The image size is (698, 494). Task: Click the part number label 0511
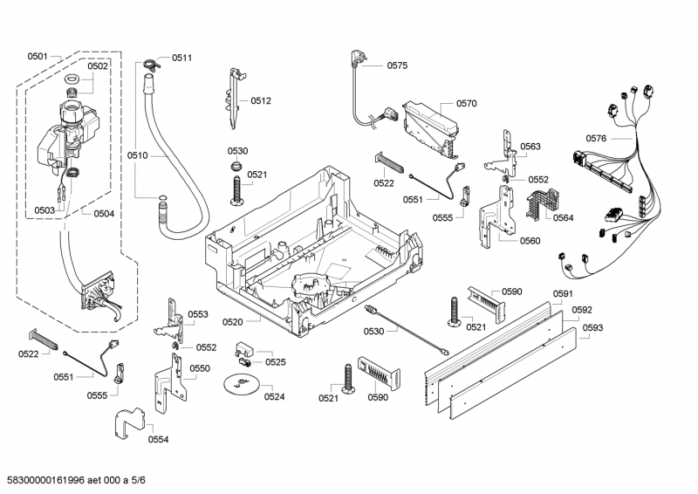pyautogui.click(x=181, y=58)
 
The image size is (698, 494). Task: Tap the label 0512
pyautogui.click(x=261, y=101)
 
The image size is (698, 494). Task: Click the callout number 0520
pyautogui.click(x=232, y=322)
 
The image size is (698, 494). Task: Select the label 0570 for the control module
pyautogui.click(x=466, y=103)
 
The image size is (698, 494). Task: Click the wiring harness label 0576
pyautogui.click(x=596, y=138)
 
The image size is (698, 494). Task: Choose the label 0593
pyautogui.click(x=592, y=328)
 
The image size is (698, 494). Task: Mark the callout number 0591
pyautogui.click(x=563, y=294)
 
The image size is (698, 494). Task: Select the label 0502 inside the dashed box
pyautogui.click(x=98, y=66)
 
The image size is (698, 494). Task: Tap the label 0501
pyautogui.click(x=37, y=57)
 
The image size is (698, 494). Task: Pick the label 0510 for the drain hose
pyautogui.click(x=138, y=155)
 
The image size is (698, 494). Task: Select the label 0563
pyautogui.click(x=530, y=147)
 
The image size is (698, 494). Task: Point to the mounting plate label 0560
pyautogui.click(x=530, y=241)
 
